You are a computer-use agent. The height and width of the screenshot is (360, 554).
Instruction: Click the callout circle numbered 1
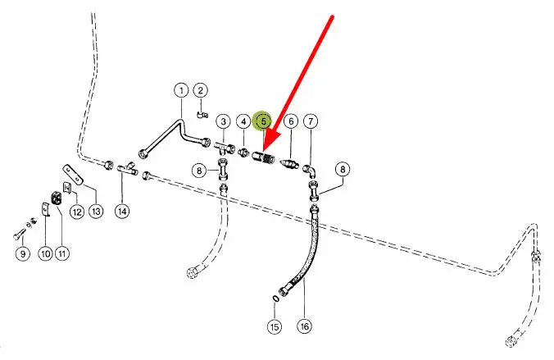[180, 90]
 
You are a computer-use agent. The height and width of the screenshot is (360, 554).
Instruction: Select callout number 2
[201, 90]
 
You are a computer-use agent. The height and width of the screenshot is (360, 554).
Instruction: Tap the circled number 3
[223, 121]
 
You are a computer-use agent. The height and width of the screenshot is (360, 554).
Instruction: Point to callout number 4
[243, 121]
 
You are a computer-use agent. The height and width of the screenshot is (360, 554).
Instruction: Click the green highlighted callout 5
[263, 121]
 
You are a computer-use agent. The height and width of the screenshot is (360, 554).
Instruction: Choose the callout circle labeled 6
[290, 121]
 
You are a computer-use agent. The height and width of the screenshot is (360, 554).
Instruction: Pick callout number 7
[311, 121]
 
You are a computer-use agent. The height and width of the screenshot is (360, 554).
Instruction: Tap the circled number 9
[21, 254]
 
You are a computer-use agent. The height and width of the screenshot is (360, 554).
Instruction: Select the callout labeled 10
[45, 254]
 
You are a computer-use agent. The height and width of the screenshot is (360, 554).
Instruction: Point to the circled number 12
[76, 212]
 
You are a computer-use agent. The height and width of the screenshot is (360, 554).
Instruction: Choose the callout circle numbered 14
[122, 212]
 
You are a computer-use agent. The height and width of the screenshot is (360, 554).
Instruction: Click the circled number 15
[274, 327]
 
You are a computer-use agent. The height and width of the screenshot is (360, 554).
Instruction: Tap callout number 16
[304, 327]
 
